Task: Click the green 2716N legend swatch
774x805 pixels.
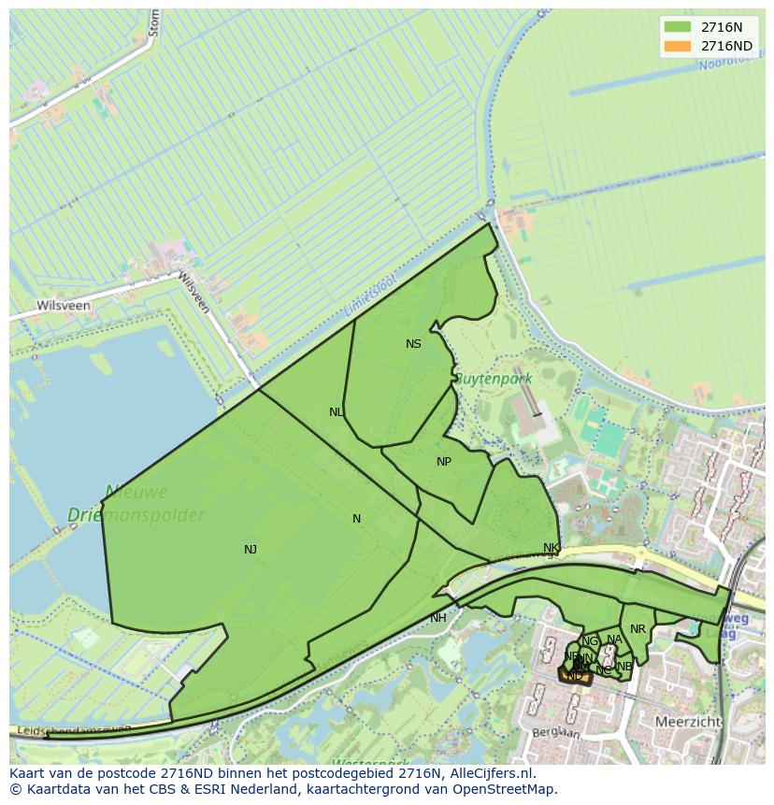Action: tap(678, 27)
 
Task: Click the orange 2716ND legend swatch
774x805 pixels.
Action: tap(678, 46)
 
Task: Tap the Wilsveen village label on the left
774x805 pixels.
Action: tap(63, 306)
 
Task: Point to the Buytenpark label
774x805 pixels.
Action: tap(493, 379)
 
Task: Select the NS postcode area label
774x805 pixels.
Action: tap(413, 344)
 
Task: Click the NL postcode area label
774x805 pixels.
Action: tap(337, 412)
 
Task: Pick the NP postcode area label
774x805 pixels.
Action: tap(444, 462)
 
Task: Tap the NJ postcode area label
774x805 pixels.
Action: tap(251, 550)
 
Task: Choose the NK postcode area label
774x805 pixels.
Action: tap(551, 548)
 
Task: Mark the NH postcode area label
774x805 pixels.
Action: tap(438, 618)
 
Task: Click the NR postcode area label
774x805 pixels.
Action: tap(638, 629)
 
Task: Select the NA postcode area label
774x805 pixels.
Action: tap(614, 640)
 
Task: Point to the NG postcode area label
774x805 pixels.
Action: tap(589, 641)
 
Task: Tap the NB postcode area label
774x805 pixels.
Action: tap(624, 667)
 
